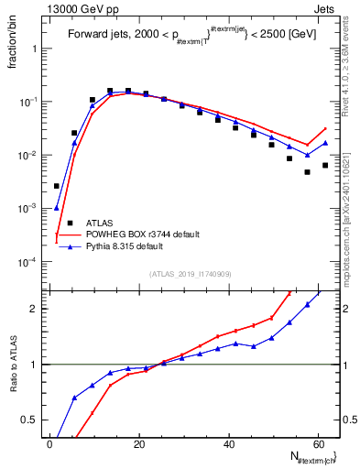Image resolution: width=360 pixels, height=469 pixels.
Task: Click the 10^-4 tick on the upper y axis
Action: [30, 262]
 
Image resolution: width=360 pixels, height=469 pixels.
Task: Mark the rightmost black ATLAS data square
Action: [325, 165]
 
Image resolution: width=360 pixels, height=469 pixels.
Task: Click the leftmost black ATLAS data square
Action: [57, 186]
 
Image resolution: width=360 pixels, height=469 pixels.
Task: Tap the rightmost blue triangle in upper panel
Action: [325, 143]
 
